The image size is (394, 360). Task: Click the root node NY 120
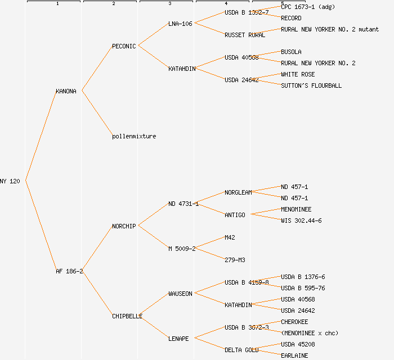pos(10,181)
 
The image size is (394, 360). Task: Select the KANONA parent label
pos(66,91)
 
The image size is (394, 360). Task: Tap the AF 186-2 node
pos(69,271)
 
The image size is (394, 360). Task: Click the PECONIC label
pos(124,46)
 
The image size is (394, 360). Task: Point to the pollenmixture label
pos(134,136)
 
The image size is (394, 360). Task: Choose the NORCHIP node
pos(124,226)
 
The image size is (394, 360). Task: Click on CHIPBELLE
pos(127,316)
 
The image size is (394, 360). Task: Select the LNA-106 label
pos(180,24)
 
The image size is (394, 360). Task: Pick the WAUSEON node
pos(180,294)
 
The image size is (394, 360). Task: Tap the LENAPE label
pos(178,339)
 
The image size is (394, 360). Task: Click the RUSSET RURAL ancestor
pos(245,35)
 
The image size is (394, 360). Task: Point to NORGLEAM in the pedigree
pos(238,192)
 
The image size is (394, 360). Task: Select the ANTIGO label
pos(235,215)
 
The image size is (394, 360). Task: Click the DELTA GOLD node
pos(241,350)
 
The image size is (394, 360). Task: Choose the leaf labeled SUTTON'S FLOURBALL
pos(311,85)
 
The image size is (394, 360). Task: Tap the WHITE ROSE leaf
pos(298,74)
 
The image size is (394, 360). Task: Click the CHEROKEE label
pos(294,322)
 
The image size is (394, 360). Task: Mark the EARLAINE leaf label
pos(294,355)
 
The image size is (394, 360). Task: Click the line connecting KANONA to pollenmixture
pos(97,113)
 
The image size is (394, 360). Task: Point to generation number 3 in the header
pos(169,4)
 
